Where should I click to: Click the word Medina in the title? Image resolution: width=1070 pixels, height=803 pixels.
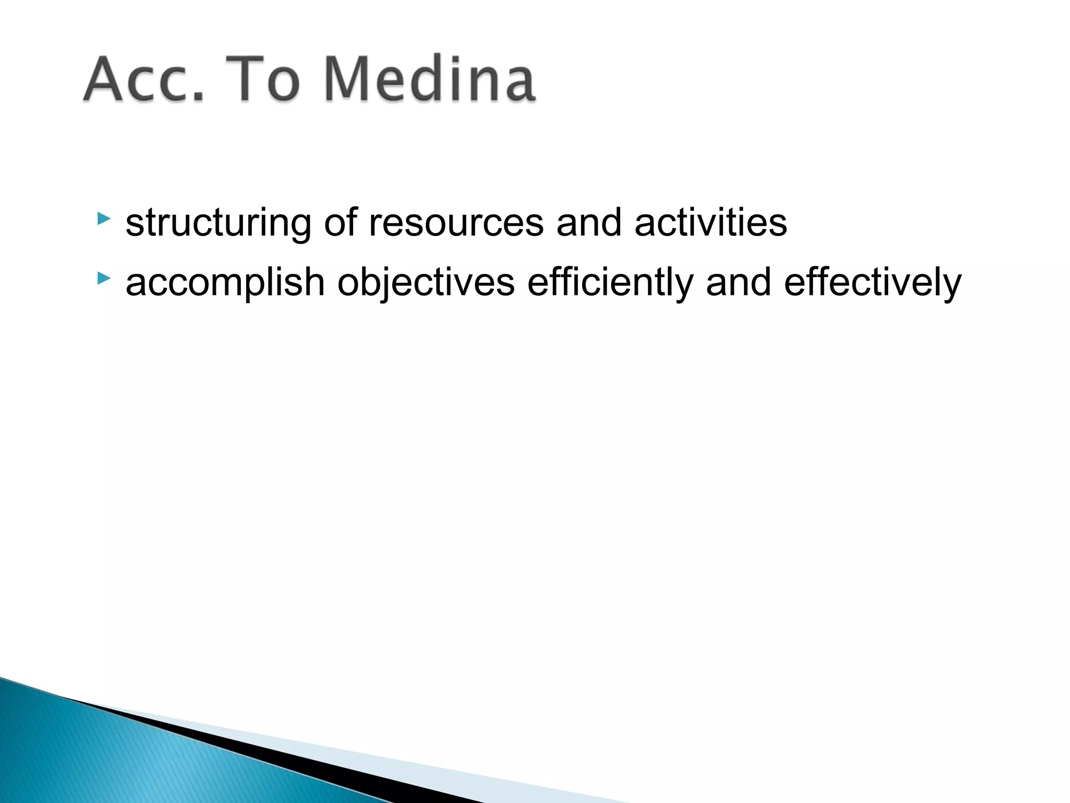click(x=430, y=80)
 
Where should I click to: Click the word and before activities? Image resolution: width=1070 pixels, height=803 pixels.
click(x=589, y=223)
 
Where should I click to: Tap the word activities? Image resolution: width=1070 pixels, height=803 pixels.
click(x=711, y=223)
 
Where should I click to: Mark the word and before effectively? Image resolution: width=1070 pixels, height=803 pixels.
click(x=738, y=282)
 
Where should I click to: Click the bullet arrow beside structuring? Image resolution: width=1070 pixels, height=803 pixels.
click(x=103, y=218)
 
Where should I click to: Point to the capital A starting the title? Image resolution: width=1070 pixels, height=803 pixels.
click(x=107, y=80)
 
